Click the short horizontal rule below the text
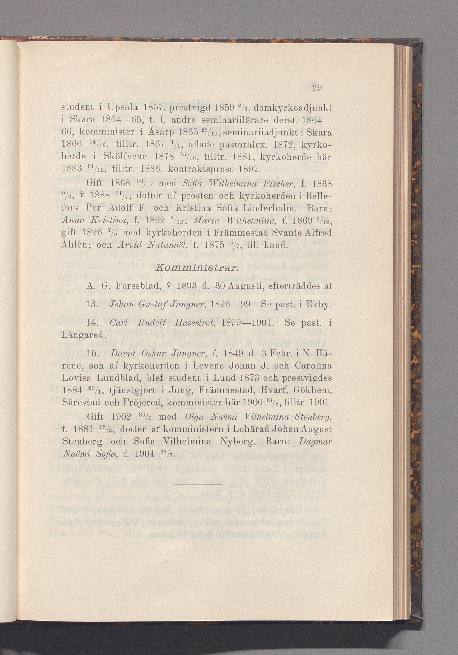coord(197,484)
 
